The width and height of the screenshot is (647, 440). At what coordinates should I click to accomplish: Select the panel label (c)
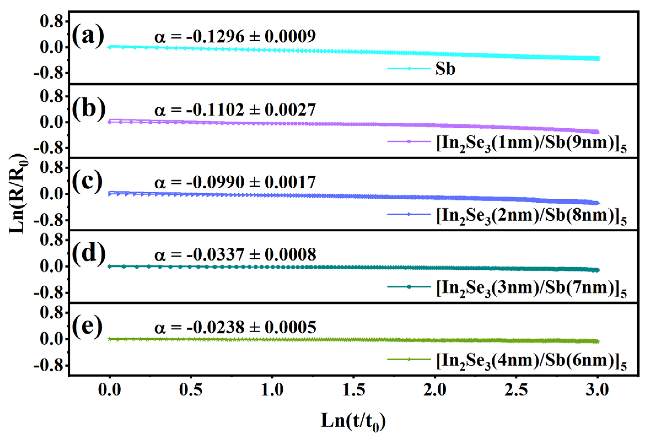[x=87, y=182]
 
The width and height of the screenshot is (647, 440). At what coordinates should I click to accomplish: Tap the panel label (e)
[x=87, y=326]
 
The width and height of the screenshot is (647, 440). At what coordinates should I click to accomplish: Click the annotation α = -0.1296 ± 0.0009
[x=235, y=36]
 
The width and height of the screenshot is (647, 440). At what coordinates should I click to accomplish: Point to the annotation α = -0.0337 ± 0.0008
[x=235, y=254]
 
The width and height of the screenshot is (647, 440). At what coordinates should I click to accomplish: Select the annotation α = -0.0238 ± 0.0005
[x=235, y=327]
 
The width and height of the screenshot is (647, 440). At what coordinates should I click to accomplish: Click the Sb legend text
[x=445, y=69]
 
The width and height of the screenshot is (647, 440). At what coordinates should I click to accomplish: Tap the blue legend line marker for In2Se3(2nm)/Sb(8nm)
[x=409, y=214]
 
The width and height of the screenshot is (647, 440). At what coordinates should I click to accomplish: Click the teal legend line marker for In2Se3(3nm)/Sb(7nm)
[x=409, y=287]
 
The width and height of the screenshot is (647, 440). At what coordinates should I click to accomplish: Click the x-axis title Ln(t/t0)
[x=353, y=421]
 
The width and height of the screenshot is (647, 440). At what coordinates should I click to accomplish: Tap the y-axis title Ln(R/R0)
[x=19, y=194]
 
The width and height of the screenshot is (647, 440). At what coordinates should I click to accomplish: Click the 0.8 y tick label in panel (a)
[x=51, y=22]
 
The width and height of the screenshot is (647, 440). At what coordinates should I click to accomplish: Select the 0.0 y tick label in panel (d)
[x=51, y=267]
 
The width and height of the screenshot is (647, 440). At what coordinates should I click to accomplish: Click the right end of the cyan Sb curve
[x=598, y=58]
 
